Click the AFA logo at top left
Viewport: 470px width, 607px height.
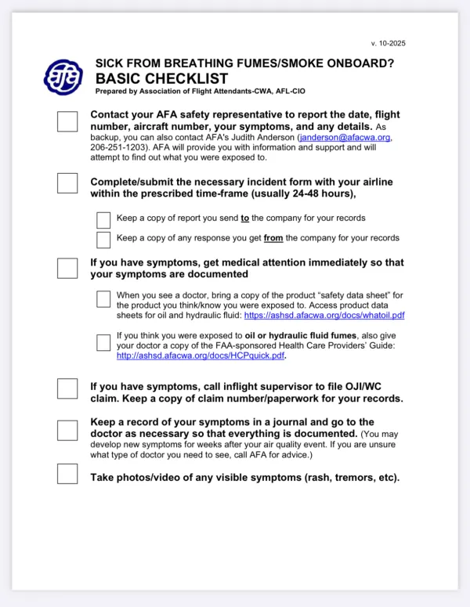point(62,76)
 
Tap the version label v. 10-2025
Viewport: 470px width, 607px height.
point(388,43)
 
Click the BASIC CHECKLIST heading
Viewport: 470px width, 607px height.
point(161,78)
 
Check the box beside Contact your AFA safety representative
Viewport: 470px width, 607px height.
point(67,121)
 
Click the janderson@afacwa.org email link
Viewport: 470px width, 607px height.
point(345,137)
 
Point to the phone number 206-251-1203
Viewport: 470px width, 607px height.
point(117,147)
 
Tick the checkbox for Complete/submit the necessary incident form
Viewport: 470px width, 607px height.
point(67,183)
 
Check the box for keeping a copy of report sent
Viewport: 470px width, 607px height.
point(103,219)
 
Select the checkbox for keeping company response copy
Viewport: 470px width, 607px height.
point(103,239)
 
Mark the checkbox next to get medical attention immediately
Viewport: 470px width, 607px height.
point(67,268)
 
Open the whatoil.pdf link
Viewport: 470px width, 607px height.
point(324,316)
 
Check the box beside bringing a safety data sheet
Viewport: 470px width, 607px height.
point(103,298)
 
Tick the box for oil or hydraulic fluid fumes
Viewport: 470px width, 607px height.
point(103,342)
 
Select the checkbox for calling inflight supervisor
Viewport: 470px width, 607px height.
point(67,388)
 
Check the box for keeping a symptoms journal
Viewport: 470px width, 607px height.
point(67,430)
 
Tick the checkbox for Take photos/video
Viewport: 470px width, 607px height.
point(67,474)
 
